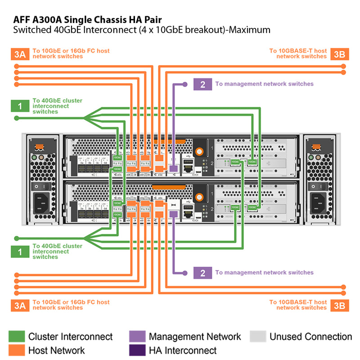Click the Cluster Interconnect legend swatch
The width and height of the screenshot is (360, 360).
coord(17,337)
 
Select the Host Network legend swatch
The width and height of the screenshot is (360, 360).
coord(17,350)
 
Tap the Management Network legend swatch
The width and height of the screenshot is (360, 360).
coord(137,337)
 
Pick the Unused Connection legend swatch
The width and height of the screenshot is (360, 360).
coord(257,337)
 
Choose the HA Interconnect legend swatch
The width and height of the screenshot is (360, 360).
coord(137,350)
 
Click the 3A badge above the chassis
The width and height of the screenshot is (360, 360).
coord(20,54)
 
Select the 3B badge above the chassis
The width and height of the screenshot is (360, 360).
coord(340,54)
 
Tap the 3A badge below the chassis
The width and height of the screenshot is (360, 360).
coord(20,305)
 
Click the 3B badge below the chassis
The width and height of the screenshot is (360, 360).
coord(340,305)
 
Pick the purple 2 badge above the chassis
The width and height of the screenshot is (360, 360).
coord(202,84)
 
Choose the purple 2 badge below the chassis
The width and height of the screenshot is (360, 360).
coord(202,273)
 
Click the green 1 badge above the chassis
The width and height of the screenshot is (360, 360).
coord(20,106)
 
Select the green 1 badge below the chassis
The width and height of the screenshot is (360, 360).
coord(20,252)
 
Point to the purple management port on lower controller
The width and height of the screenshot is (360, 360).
coord(173,214)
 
